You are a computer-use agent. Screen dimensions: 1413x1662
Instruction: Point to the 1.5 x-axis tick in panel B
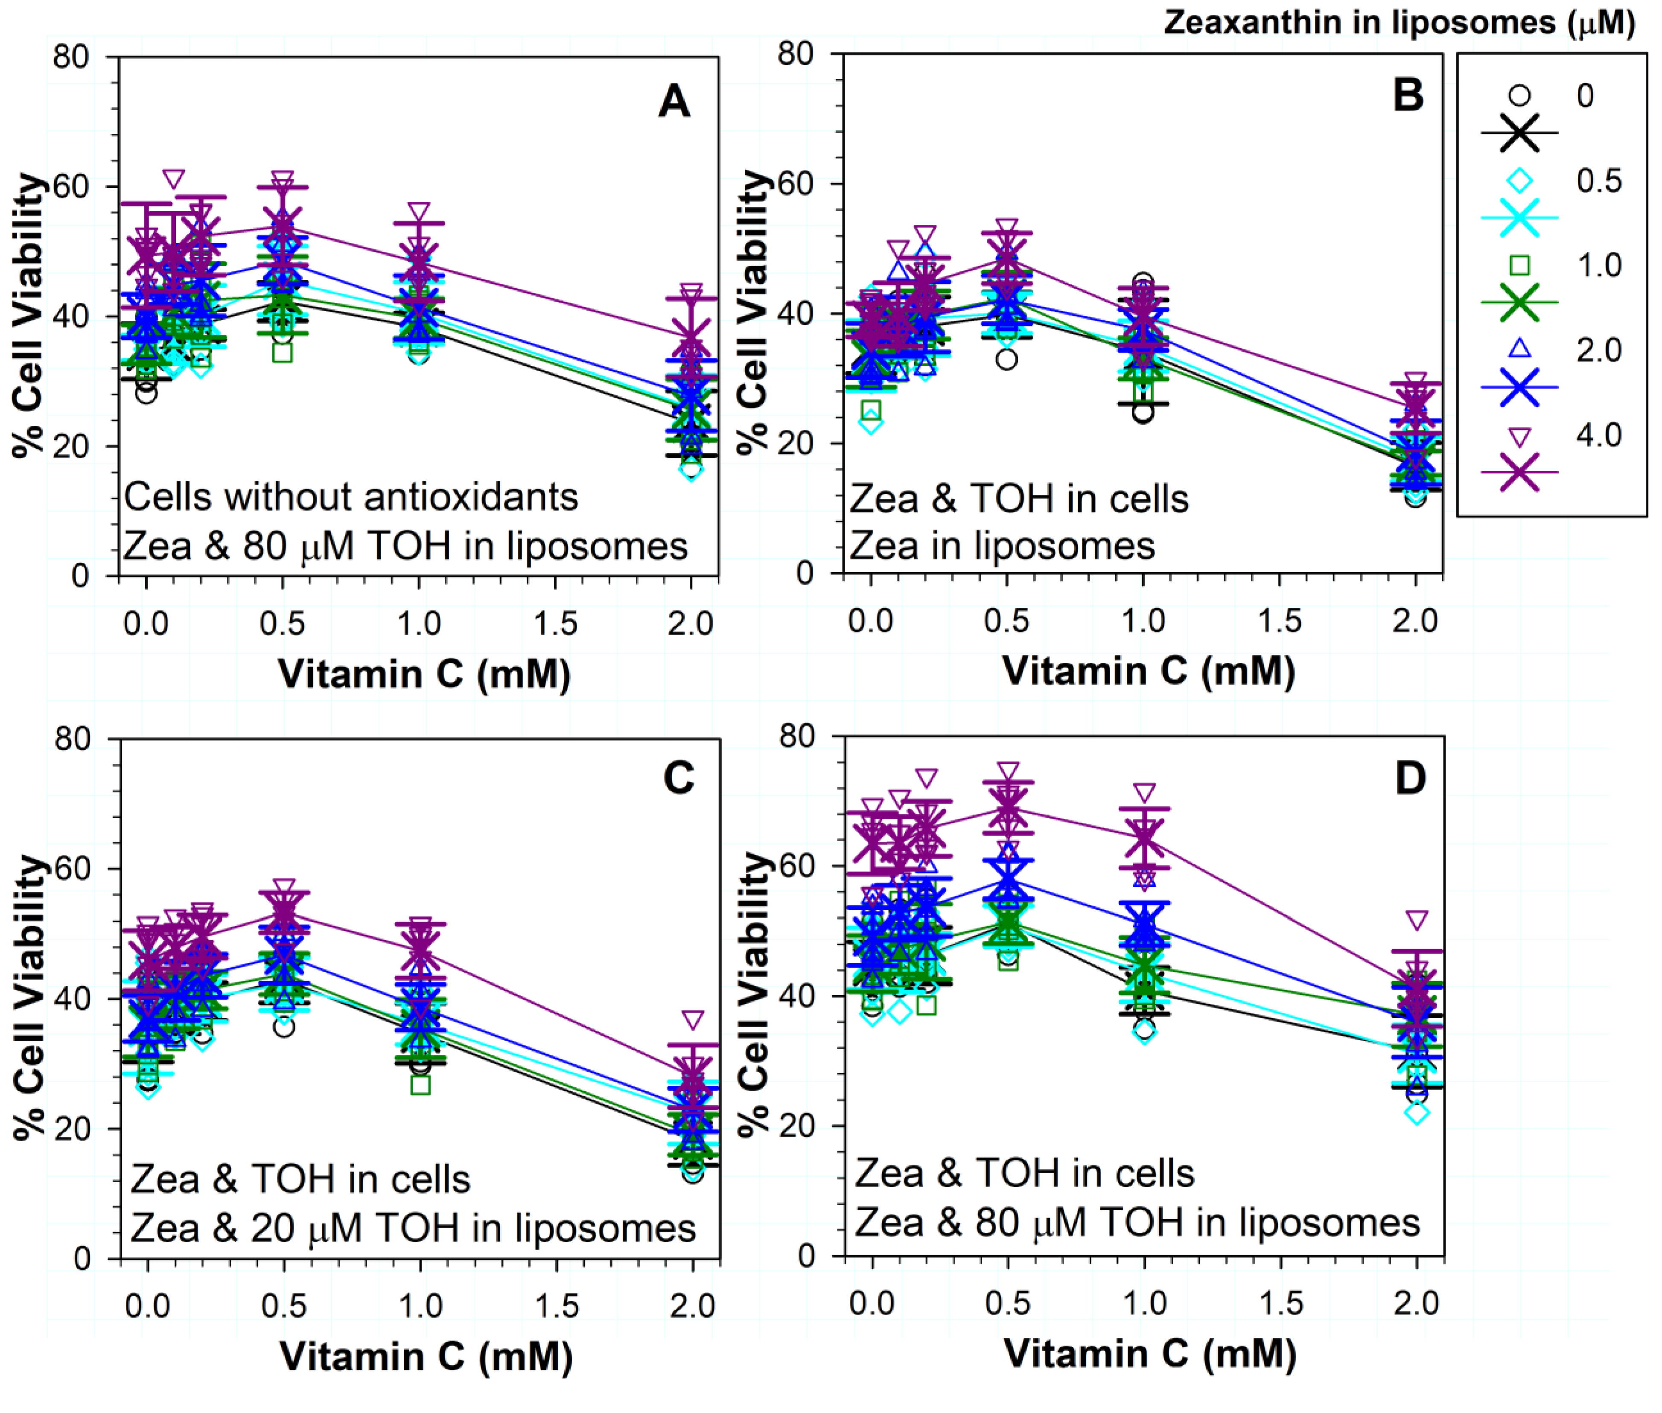[1279, 621]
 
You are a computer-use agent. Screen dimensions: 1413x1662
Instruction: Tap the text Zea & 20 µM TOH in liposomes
[412, 1228]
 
